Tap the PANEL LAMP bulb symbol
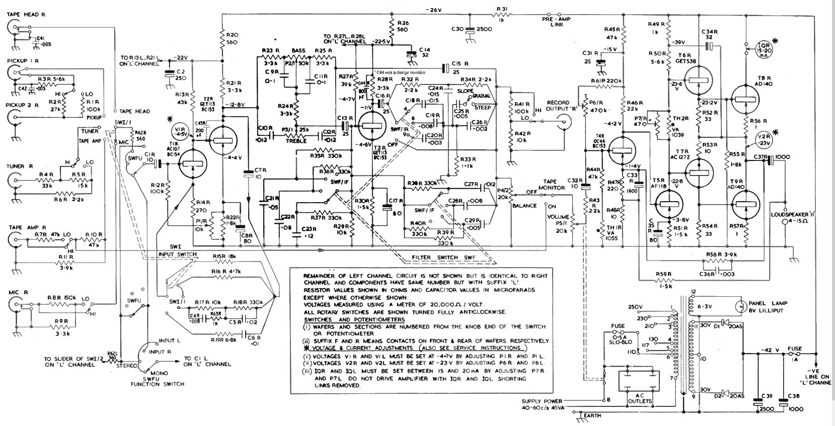(x=740, y=306)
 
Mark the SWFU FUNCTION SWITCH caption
(x=157, y=381)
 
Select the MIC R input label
(x=19, y=292)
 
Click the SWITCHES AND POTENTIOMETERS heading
(x=346, y=320)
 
